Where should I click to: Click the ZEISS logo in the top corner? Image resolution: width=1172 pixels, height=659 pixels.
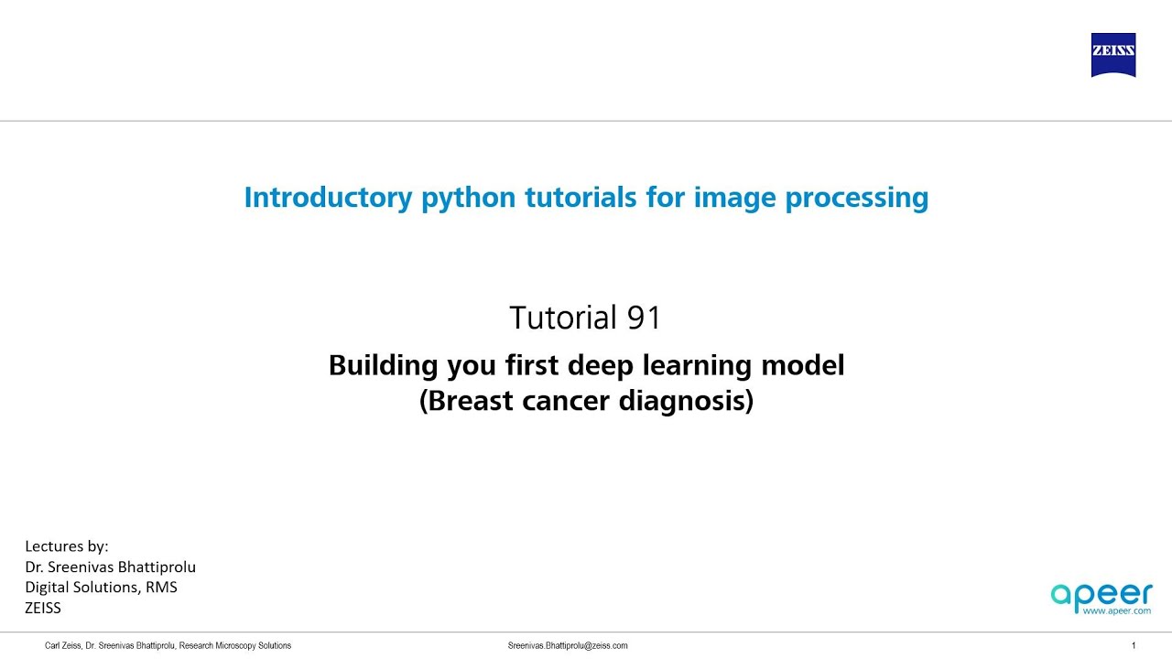coord(1112,55)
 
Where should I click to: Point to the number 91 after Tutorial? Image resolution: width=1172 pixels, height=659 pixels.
coord(644,318)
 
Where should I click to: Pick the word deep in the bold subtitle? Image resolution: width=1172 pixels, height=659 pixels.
coord(602,365)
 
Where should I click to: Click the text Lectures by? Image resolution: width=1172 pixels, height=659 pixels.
coord(67,546)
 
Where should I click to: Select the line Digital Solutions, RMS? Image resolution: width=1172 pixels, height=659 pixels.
coord(101,587)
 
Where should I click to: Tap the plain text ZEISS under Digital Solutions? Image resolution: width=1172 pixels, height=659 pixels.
coord(43,607)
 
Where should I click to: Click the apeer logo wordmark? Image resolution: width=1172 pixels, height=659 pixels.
coord(1101,595)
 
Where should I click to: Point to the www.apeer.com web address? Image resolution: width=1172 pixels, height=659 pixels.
coord(1116,611)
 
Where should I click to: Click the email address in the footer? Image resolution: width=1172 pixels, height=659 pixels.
coord(568,645)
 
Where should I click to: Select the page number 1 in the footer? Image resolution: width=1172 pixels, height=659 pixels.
coord(1134,645)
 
